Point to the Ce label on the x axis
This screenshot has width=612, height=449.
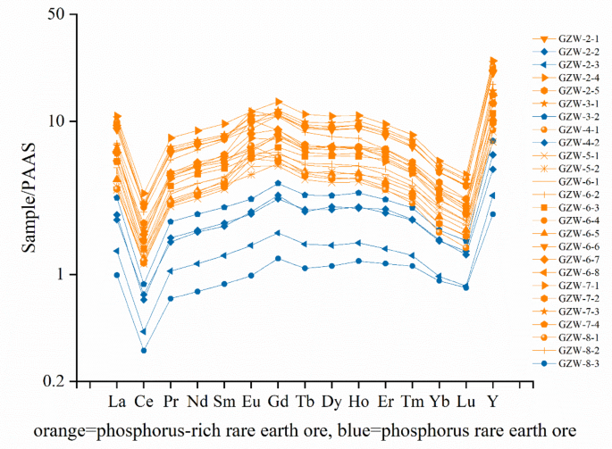[144, 398]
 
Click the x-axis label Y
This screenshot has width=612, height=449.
[492, 398]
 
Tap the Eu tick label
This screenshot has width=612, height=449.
[251, 398]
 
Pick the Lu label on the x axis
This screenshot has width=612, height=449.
[465, 398]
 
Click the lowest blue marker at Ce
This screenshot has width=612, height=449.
[144, 350]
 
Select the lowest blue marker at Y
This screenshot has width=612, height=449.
[492, 214]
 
